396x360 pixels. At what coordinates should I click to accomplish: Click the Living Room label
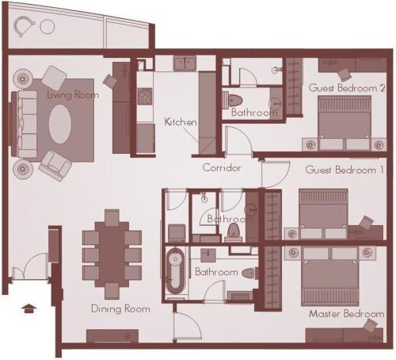click(73, 95)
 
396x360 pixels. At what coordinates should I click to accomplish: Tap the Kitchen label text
click(181, 122)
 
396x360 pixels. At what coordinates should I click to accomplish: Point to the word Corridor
click(222, 167)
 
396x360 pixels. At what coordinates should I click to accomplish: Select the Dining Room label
click(120, 308)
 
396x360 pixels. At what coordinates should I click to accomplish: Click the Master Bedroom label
click(347, 314)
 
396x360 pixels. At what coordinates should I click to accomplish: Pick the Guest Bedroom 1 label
click(345, 170)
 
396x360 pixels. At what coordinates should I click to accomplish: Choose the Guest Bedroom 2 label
click(347, 87)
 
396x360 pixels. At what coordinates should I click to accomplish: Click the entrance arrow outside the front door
click(29, 308)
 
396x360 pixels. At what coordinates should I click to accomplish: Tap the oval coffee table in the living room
click(60, 124)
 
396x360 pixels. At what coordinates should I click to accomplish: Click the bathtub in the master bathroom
click(174, 271)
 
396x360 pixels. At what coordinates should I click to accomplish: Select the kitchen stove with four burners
click(145, 97)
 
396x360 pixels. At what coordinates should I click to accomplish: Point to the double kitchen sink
click(185, 63)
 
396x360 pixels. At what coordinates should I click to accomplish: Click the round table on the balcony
click(48, 27)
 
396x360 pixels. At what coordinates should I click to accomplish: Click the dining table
click(112, 255)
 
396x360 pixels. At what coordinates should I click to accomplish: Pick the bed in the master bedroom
click(329, 277)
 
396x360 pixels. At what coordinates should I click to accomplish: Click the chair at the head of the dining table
click(112, 217)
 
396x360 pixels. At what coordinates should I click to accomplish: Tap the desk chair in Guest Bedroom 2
click(345, 75)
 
